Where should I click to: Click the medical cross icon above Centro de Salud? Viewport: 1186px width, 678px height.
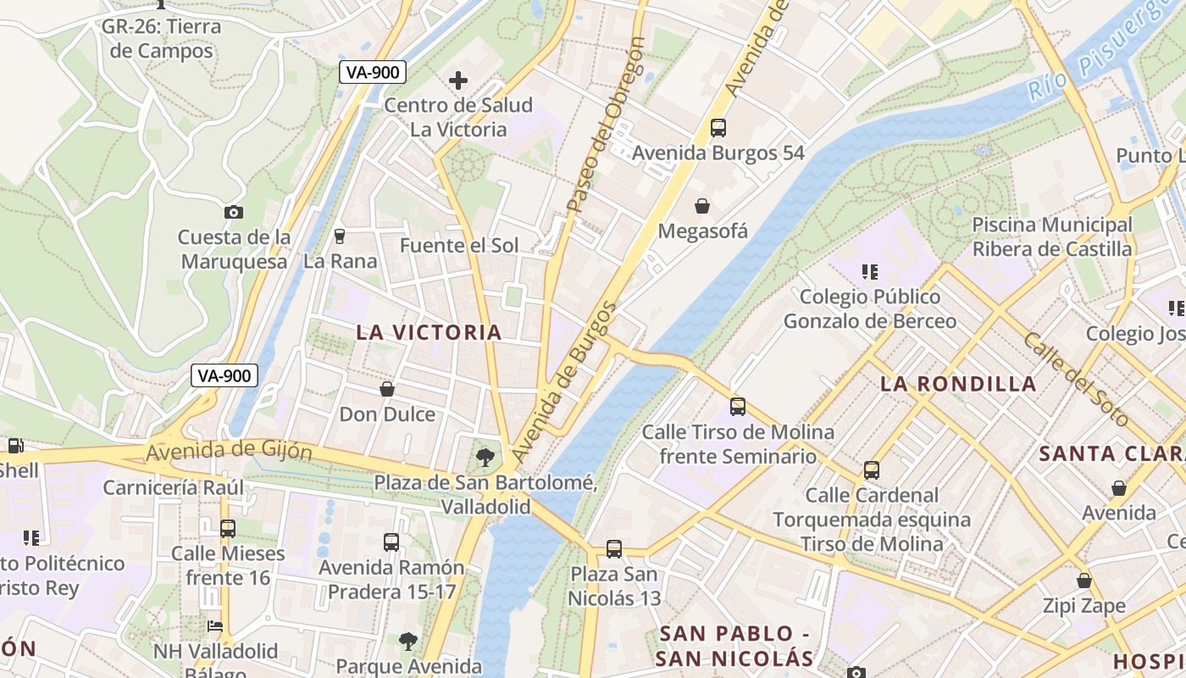pos(458,81)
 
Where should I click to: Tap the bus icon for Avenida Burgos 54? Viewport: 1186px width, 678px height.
pos(718,128)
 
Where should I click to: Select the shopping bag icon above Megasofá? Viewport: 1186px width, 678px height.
pos(702,205)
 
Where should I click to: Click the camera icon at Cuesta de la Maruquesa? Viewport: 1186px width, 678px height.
pos(234,212)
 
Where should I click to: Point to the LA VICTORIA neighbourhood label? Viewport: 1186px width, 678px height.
pos(430,332)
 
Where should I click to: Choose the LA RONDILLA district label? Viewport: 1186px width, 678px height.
pos(958,384)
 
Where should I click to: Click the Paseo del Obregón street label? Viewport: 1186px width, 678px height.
pos(606,125)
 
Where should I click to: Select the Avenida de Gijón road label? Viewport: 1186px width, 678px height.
pos(229,452)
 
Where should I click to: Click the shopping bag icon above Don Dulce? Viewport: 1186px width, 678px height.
pos(387,389)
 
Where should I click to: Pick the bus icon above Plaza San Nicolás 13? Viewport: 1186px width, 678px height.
pos(614,549)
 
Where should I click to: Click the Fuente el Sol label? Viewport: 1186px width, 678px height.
pos(459,246)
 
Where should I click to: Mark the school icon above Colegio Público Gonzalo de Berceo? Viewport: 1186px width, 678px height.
pos(869,272)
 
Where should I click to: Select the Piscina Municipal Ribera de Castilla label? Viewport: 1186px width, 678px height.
pos(1052,237)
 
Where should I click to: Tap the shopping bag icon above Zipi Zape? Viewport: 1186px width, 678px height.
pos(1084,581)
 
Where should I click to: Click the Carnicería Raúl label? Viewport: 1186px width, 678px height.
pos(173,487)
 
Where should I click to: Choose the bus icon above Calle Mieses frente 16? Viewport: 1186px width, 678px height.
pos(228,529)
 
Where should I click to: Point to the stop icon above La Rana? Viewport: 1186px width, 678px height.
pos(340,236)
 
